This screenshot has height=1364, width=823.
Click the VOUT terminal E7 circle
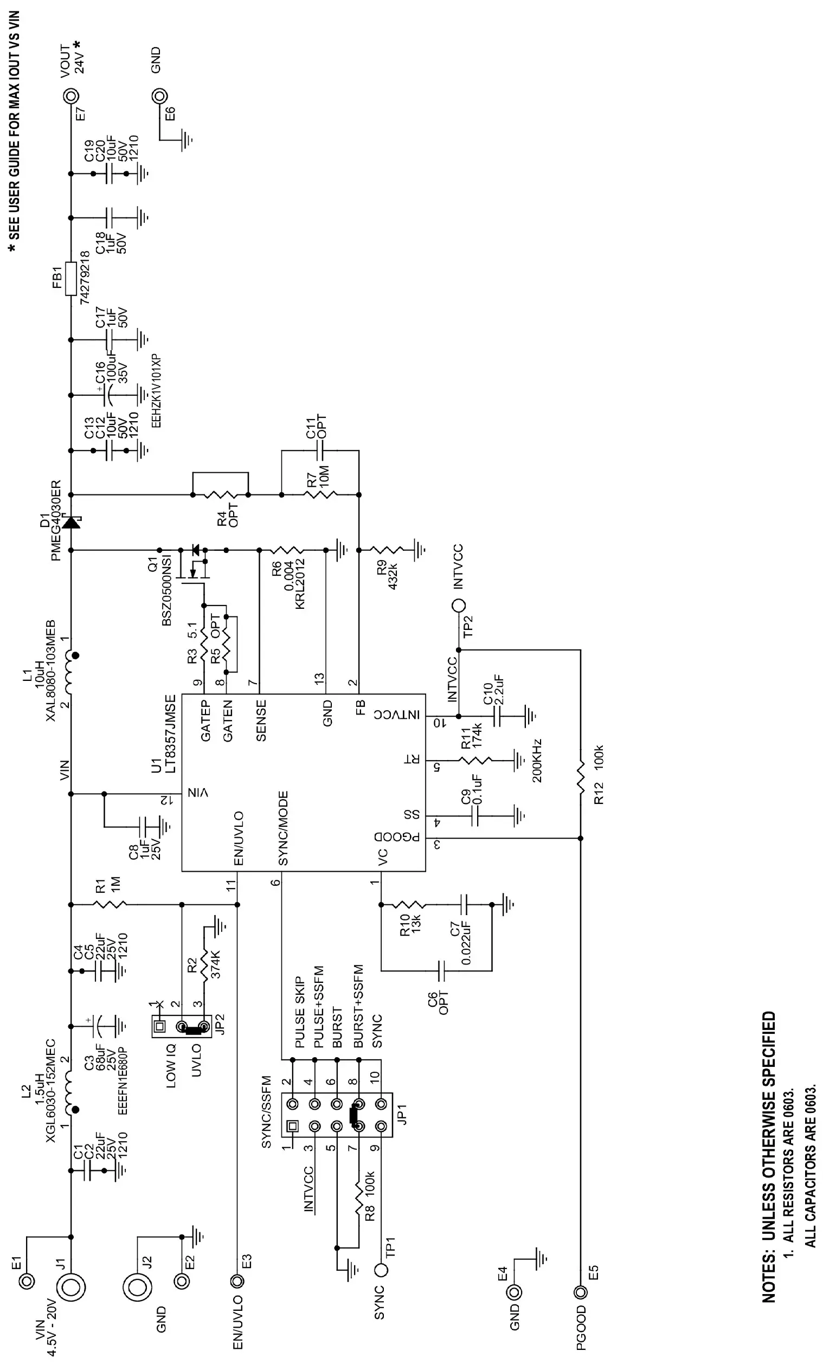(x=71, y=96)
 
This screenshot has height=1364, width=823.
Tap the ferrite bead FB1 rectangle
(x=71, y=279)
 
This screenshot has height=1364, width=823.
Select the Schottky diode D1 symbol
(x=71, y=522)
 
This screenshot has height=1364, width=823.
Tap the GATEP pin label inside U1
(x=206, y=720)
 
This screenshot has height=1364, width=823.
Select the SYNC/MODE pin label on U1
(x=283, y=828)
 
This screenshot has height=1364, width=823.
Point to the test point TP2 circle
(x=459, y=606)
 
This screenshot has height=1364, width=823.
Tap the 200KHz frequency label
(x=536, y=761)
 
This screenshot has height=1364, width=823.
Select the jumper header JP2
(x=182, y=1026)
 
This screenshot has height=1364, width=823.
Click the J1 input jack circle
(x=71, y=1286)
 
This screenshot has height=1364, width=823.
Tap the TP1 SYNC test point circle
(x=381, y=1269)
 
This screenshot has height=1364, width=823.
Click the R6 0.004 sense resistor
(x=287, y=550)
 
